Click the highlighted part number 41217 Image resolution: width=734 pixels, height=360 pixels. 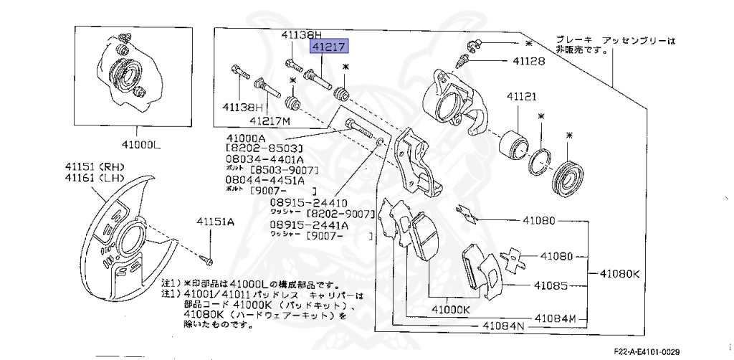[x=328, y=47]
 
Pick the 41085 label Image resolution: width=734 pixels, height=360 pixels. [x=550, y=285]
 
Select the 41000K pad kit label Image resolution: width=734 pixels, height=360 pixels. [x=450, y=310]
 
